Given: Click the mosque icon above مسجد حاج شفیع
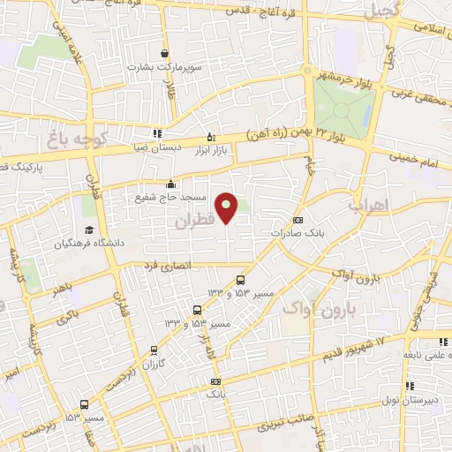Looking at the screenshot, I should click(169, 185).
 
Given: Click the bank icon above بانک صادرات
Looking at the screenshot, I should click(298, 221).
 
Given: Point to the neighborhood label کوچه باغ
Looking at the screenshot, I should click(79, 141).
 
